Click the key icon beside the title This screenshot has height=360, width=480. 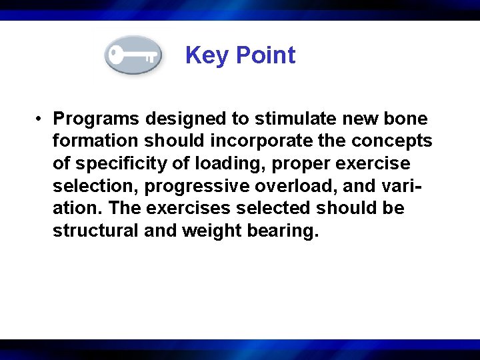[133, 55]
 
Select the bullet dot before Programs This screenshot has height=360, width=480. [41, 119]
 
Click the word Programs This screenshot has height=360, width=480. [96, 119]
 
